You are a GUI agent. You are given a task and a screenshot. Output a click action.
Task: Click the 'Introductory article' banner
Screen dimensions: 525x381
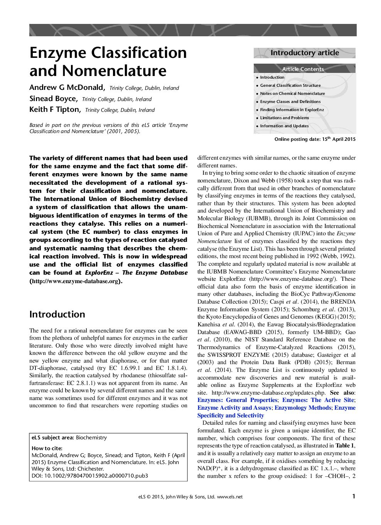click(x=304, y=53)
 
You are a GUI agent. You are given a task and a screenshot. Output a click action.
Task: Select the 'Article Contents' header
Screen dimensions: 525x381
click(x=303, y=69)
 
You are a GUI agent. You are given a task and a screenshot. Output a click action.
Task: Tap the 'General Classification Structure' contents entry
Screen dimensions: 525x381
click(x=290, y=85)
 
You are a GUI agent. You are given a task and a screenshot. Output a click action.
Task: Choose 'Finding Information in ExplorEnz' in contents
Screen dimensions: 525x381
click(x=292, y=110)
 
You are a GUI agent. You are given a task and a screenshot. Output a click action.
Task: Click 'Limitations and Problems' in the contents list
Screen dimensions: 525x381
click(x=284, y=118)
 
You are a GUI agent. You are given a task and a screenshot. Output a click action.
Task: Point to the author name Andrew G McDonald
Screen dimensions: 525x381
click(x=67, y=87)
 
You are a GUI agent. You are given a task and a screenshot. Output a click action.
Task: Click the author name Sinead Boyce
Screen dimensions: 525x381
click(x=53, y=98)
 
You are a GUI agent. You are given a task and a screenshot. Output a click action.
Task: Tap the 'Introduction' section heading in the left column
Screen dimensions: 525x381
click(x=57, y=314)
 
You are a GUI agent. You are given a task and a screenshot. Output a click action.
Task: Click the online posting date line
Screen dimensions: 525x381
click(x=315, y=139)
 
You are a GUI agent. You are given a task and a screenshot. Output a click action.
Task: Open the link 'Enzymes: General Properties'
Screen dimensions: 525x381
click(x=237, y=400)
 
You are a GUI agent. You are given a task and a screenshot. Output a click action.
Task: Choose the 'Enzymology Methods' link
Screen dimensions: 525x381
click(x=303, y=408)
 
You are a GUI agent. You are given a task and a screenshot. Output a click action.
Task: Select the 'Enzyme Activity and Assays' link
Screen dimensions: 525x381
click(x=234, y=408)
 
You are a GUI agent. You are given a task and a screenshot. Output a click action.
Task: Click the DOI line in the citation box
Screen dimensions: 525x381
click(x=89, y=476)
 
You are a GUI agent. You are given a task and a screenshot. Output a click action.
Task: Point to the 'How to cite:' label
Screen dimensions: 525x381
click(x=47, y=448)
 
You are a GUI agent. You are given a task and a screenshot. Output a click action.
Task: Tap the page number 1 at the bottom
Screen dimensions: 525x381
click(x=354, y=496)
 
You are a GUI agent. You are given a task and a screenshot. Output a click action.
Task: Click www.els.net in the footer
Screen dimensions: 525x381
click(x=230, y=497)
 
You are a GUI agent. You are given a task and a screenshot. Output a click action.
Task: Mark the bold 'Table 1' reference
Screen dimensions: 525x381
click(x=345, y=446)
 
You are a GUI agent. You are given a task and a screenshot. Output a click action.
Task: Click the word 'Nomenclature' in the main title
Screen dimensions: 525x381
click(x=114, y=71)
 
